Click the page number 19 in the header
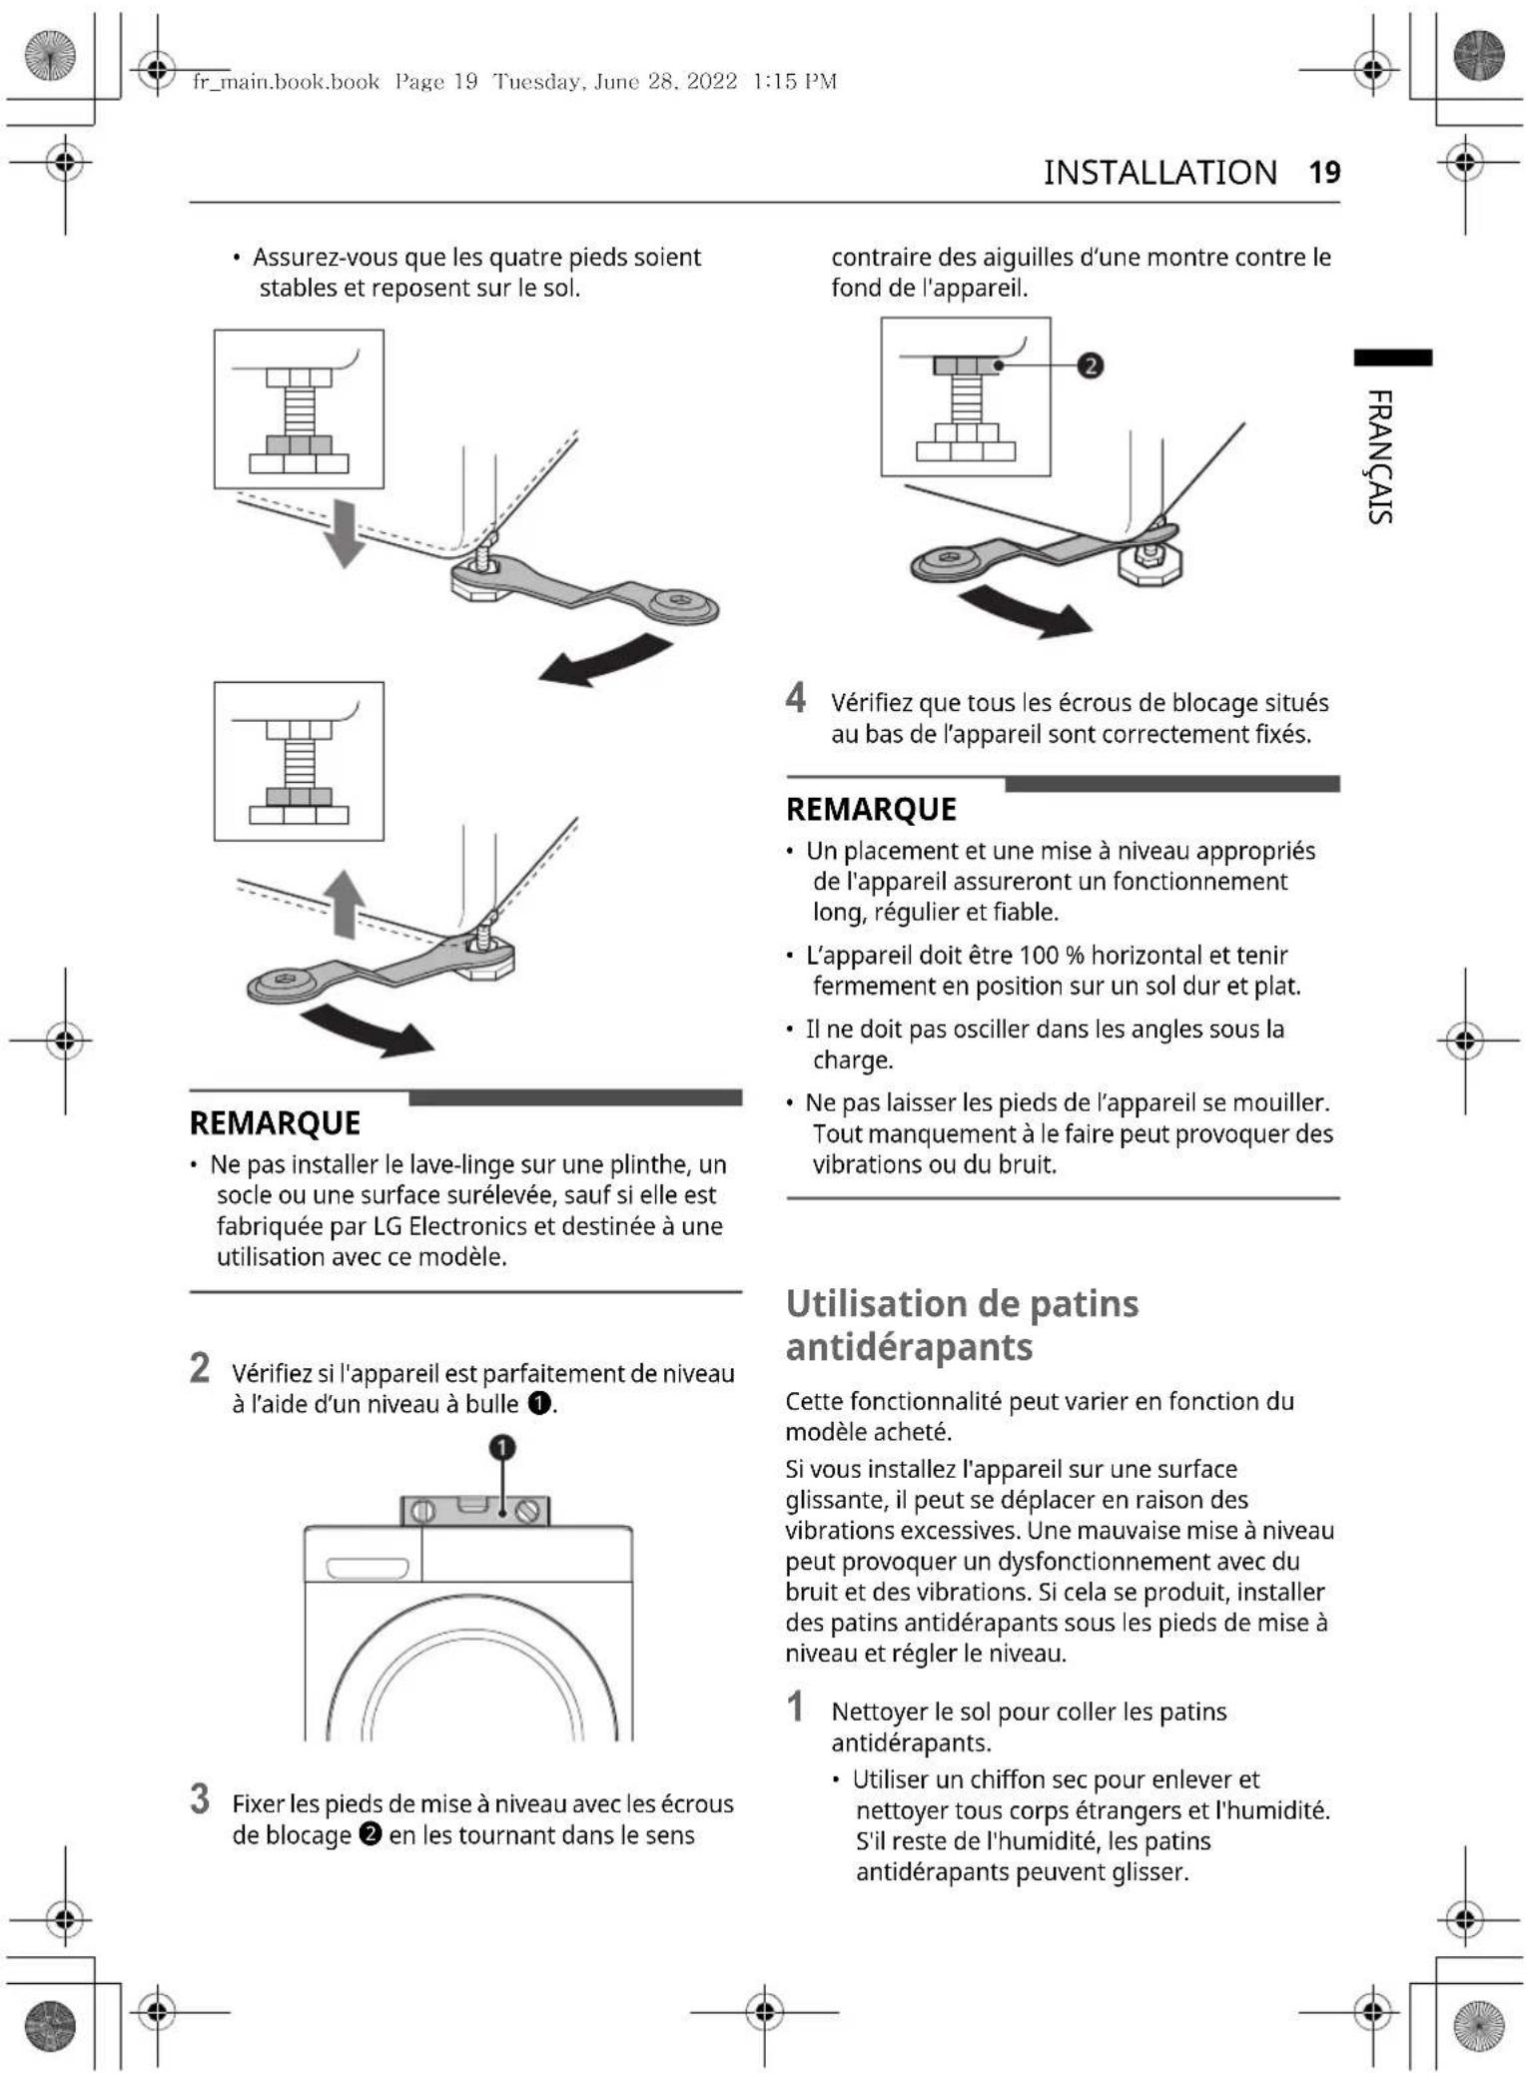coord(1323,172)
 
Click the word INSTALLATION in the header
coord(1159,172)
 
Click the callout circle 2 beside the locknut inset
coord(1091,365)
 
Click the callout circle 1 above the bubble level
coord(502,1447)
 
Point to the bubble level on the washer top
coord(475,1510)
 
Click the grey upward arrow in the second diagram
coord(345,903)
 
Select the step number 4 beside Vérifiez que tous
coord(795,698)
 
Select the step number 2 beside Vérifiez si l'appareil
coord(200,1368)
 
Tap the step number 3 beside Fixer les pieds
coord(200,1799)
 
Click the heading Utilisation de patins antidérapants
coord(961,1325)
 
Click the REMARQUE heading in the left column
coord(275,1122)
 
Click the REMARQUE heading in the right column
coord(871,809)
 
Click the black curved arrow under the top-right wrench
coord(1025,612)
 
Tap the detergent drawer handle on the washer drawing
coord(367,1569)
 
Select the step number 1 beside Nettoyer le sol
coord(795,1707)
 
